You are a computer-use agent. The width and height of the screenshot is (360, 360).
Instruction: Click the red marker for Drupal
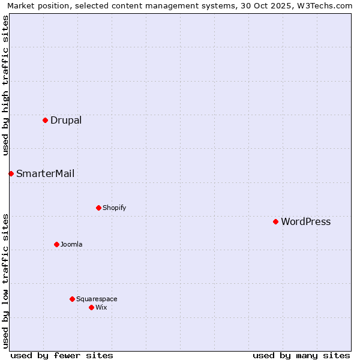[45, 120]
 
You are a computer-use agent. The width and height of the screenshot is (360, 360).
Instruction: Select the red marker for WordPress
[275, 221]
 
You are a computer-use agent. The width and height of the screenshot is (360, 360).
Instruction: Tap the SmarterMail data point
[11, 173]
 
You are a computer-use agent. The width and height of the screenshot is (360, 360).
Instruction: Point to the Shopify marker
[98, 208]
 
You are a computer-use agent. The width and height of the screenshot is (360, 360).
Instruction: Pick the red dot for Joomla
[56, 244]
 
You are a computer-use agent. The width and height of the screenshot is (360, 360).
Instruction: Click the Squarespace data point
[72, 299]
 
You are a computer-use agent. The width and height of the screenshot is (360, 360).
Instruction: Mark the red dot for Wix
[91, 307]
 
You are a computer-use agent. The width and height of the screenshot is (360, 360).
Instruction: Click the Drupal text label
[66, 120]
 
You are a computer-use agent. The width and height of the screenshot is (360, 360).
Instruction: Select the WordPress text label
[305, 221]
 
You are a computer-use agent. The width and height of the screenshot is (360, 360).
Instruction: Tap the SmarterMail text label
[45, 173]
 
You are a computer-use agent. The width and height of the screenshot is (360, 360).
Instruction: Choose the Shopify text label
[114, 208]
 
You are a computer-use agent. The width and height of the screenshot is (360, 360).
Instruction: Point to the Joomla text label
[71, 244]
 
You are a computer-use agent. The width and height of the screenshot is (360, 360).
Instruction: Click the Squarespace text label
[97, 299]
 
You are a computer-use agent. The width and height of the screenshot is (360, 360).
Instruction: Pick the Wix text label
[101, 307]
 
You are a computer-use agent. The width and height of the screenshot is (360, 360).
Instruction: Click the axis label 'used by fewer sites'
[62, 355]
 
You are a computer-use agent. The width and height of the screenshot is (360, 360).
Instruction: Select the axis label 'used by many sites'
[301, 355]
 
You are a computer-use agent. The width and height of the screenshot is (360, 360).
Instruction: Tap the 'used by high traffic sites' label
[5, 85]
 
